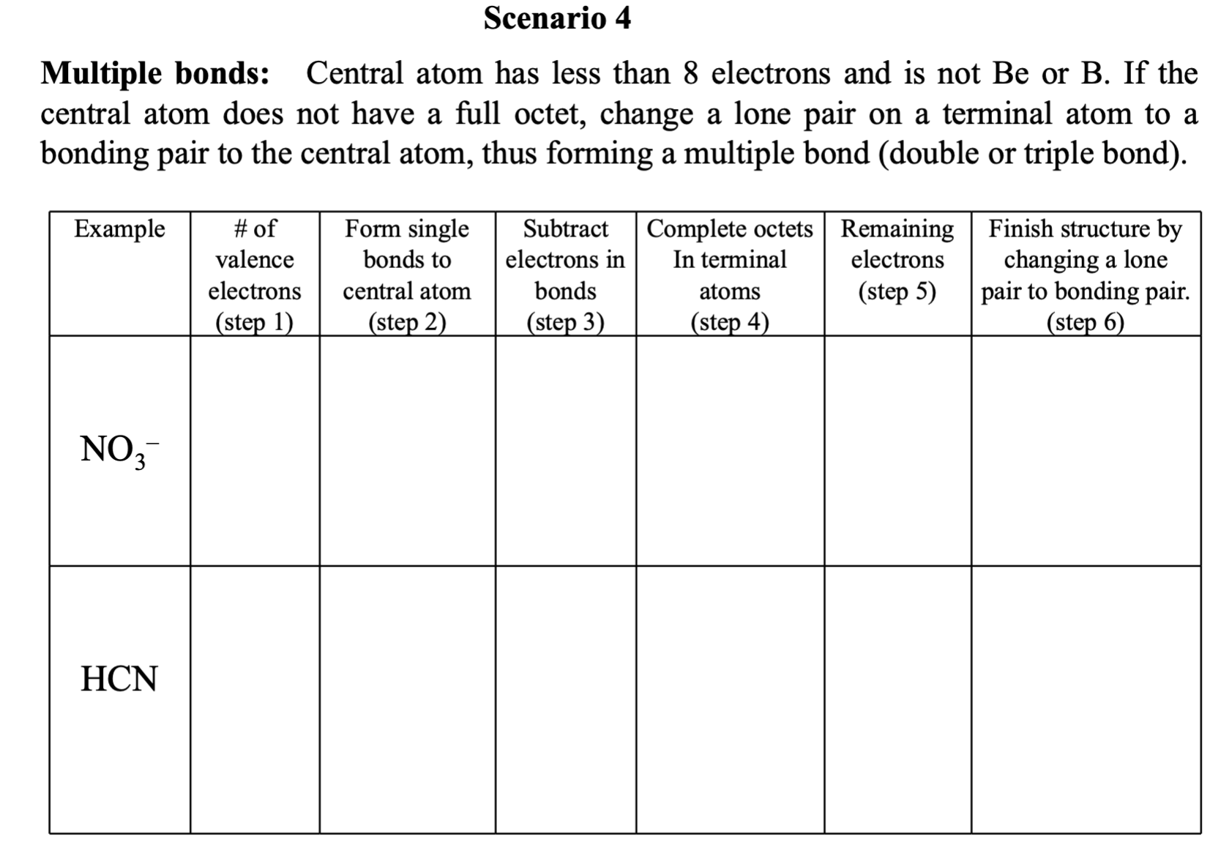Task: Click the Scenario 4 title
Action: click(x=557, y=18)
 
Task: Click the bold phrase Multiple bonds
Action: click(x=154, y=74)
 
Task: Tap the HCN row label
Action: click(x=119, y=679)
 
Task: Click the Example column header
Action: click(x=120, y=229)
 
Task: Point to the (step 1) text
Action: click(x=255, y=322)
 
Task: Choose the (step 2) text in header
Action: click(x=407, y=322)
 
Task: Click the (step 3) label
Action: click(x=565, y=322)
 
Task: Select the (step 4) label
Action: click(x=730, y=322)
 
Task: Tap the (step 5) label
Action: click(x=897, y=291)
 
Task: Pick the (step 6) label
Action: click(x=1086, y=322)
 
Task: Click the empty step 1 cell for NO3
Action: click(x=255, y=450)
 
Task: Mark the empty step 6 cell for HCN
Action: click(x=1086, y=699)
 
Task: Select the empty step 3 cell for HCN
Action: click(x=565, y=699)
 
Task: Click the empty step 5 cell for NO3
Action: click(x=897, y=450)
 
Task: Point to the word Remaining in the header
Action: click(x=897, y=229)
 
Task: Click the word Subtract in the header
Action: click(x=565, y=229)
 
